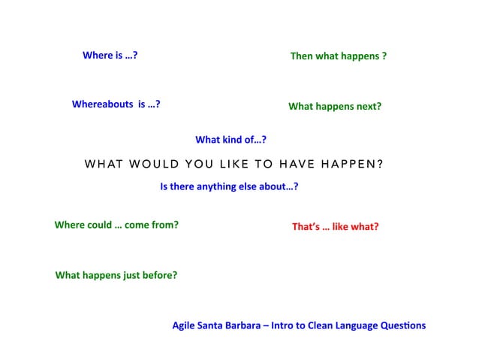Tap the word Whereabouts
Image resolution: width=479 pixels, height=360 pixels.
point(102,104)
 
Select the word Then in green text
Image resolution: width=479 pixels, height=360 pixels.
point(302,56)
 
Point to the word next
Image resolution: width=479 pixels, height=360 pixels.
point(368,107)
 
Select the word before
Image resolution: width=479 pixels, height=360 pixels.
point(159,275)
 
